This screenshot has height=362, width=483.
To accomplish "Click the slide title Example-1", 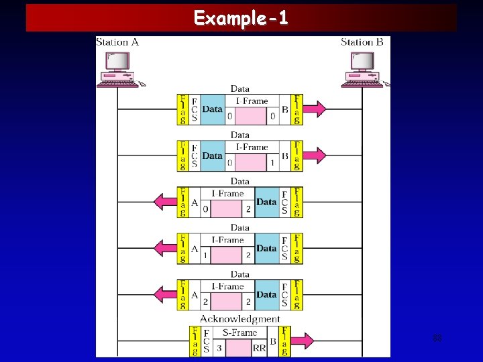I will coord(241,18).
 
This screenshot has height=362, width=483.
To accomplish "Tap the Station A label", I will coord(117,42).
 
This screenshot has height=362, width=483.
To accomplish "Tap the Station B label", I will coord(362,42).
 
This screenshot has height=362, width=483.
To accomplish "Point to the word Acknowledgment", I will coord(239,319).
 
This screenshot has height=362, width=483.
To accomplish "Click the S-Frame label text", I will coord(239,333).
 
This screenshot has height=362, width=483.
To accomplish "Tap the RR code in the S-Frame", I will coord(259,349).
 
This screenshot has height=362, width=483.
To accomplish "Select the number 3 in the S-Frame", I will coord(219,349).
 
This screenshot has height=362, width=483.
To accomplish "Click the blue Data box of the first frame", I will coord(212,109).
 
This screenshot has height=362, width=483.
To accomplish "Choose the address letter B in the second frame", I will coord(285,156).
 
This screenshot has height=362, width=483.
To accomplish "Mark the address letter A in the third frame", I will coord(195,202).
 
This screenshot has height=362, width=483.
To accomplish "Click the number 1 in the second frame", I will coord(272,163).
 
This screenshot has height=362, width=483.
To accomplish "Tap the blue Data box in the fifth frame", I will coord(266,294).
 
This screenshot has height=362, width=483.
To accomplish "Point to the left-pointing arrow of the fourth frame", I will coord(165,248).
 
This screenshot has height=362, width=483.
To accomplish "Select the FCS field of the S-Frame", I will coord(207,341).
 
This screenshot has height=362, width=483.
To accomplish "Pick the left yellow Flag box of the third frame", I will coord(182,202).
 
